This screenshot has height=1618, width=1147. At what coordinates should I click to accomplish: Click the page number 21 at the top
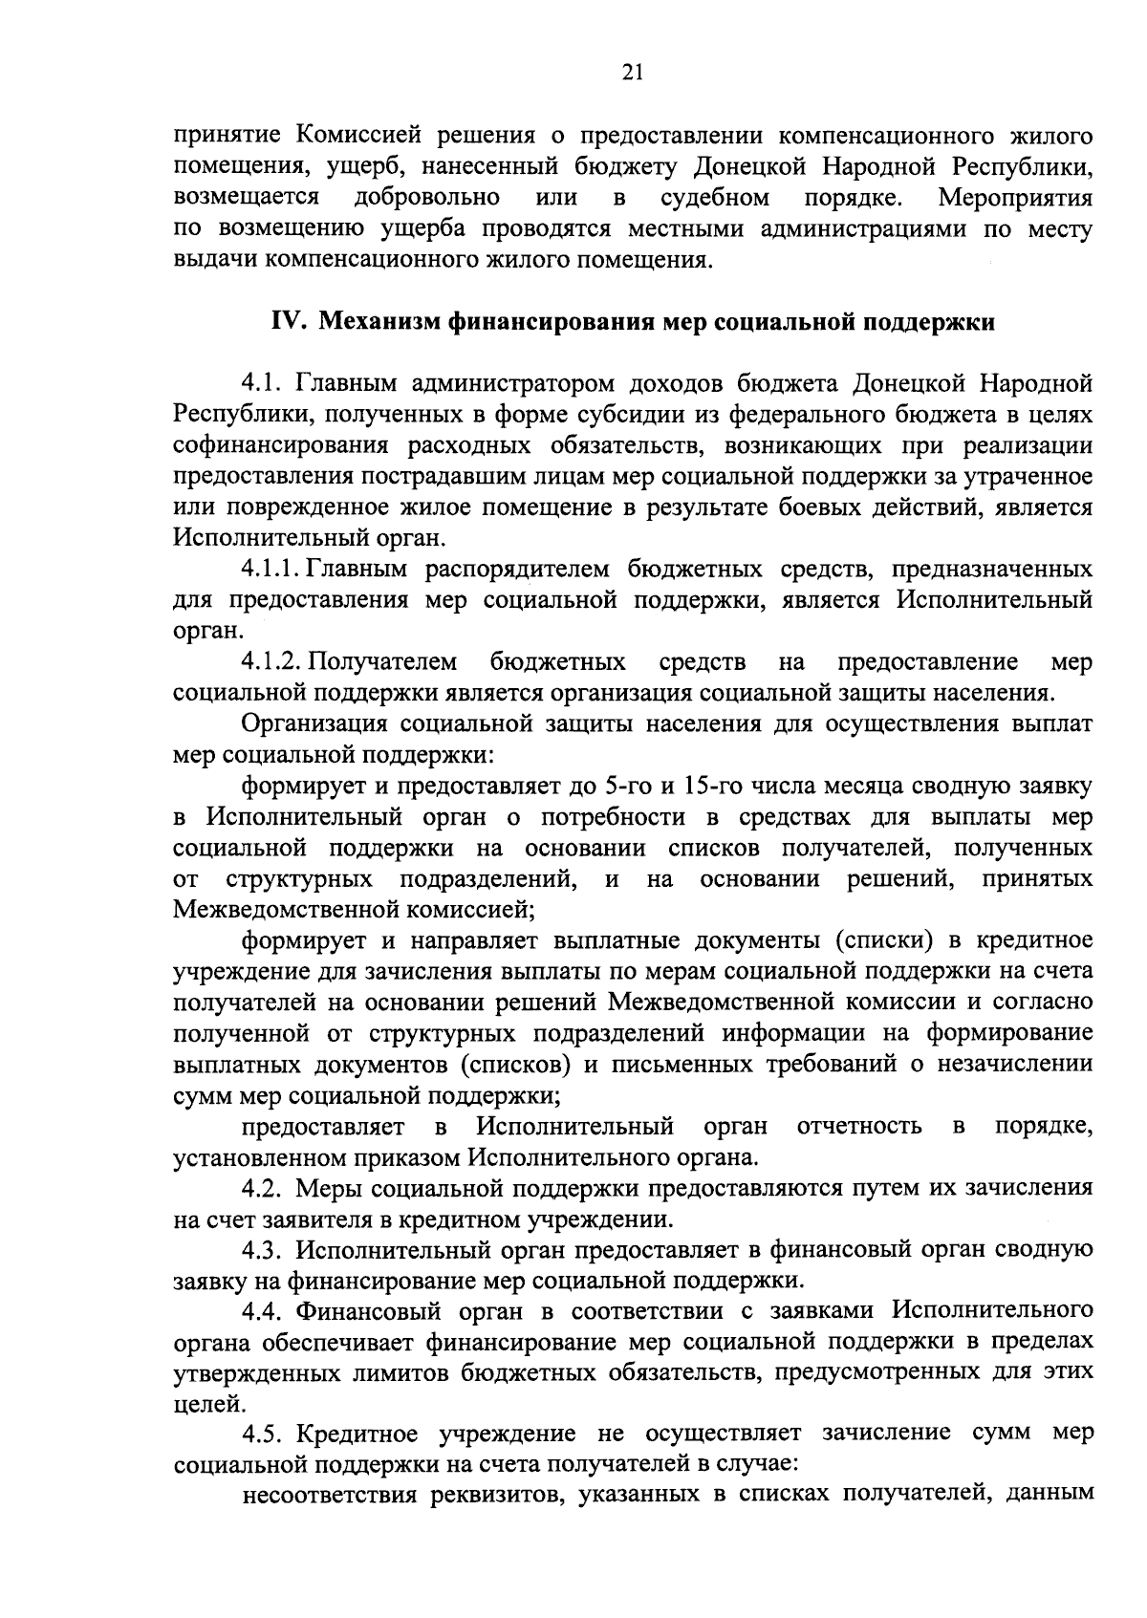click(x=633, y=73)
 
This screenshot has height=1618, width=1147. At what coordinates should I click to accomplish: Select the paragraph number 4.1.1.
click(x=272, y=571)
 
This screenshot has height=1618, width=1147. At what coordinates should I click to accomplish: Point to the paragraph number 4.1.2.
click(x=272, y=662)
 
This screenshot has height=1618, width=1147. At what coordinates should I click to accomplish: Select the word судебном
click(x=716, y=198)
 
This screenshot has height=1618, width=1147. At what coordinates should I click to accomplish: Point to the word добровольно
click(x=426, y=198)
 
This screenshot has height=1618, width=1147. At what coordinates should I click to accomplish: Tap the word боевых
click(x=815, y=507)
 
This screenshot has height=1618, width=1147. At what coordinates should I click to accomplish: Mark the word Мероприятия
click(x=1016, y=198)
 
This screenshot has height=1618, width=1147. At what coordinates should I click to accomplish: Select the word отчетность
click(x=860, y=1127)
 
